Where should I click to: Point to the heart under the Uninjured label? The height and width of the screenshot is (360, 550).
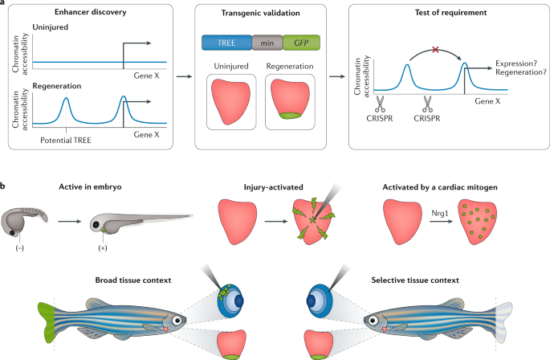click(232, 100)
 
